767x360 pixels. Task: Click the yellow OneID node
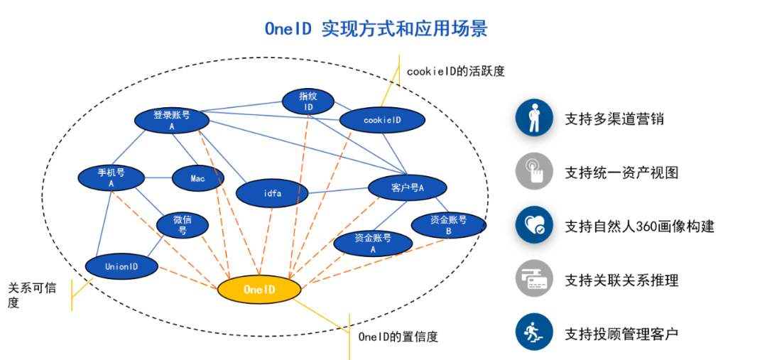[x=259, y=290]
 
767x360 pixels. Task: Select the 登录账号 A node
[x=172, y=120]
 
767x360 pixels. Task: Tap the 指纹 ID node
[x=308, y=102]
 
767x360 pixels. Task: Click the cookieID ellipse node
[x=382, y=120]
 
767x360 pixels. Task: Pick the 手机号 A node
[x=111, y=178]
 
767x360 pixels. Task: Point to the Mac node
[x=197, y=178]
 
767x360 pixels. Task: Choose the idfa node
[x=272, y=193]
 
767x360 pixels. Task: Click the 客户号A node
[x=407, y=187]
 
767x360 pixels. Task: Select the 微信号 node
[x=183, y=225]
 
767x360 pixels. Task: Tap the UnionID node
[x=121, y=266]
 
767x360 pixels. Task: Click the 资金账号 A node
[x=373, y=244]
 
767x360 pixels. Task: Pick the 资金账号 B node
[x=448, y=225]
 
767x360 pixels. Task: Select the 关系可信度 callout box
[x=36, y=295]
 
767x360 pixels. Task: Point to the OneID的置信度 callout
[x=398, y=335]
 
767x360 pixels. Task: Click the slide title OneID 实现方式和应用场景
[x=376, y=29]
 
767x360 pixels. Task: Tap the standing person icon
[x=534, y=117]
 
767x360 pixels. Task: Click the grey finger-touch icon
[x=534, y=171]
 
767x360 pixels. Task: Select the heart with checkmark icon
[x=534, y=224]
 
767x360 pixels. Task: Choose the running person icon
[x=534, y=332]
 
